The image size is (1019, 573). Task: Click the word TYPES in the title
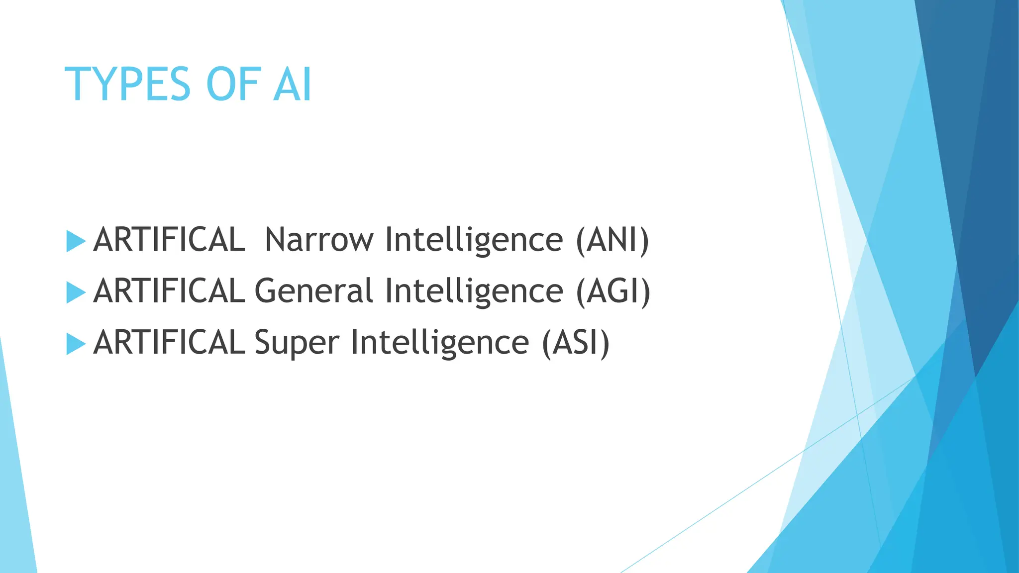(x=127, y=85)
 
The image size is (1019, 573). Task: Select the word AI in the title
(x=293, y=85)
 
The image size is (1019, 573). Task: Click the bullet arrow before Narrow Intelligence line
(x=76, y=241)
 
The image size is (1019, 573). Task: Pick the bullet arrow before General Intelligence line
(x=76, y=292)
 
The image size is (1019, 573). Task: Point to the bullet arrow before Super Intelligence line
(x=76, y=344)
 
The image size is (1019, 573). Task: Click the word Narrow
(x=319, y=240)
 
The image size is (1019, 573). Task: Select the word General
(x=313, y=291)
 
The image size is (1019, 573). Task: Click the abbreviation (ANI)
(x=612, y=240)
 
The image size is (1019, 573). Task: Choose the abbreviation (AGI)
(x=613, y=291)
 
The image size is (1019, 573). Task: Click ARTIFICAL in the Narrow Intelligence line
(x=169, y=240)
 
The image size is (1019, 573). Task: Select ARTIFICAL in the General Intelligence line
(x=169, y=291)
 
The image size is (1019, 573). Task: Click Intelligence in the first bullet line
(x=474, y=240)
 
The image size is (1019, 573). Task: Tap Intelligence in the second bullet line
(x=474, y=291)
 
